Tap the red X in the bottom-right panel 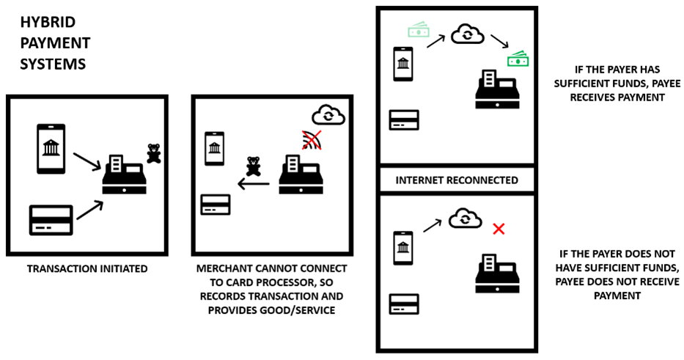(x=499, y=229)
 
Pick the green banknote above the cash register (x=518, y=59)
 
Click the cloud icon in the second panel (x=327, y=114)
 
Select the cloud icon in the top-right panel (x=466, y=34)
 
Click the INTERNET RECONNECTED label (x=457, y=180)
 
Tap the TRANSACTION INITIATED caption (x=87, y=269)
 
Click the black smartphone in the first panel (x=51, y=149)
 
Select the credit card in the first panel (x=51, y=220)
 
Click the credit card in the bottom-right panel (x=404, y=304)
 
